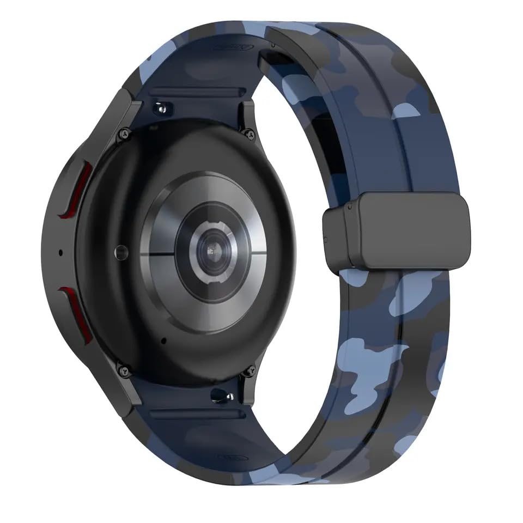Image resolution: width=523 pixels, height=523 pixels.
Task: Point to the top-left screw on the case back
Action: pyautogui.click(x=125, y=132)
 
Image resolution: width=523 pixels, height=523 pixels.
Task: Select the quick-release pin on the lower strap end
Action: pyautogui.click(x=222, y=394)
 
